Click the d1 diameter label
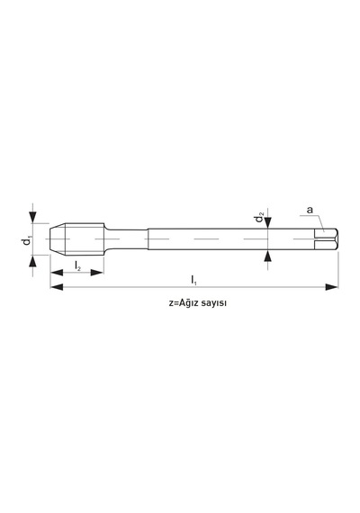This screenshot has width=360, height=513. pos(27,241)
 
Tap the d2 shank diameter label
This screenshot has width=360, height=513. pos(260,217)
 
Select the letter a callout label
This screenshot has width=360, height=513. pos(310,210)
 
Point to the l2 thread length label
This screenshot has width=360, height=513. pos(77,266)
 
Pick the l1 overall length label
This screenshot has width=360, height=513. pos(193,280)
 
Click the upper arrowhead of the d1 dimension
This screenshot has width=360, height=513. pos(32,217)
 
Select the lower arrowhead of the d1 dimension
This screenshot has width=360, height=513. pos(32,261)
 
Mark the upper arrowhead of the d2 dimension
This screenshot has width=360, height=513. pos(268,222)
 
